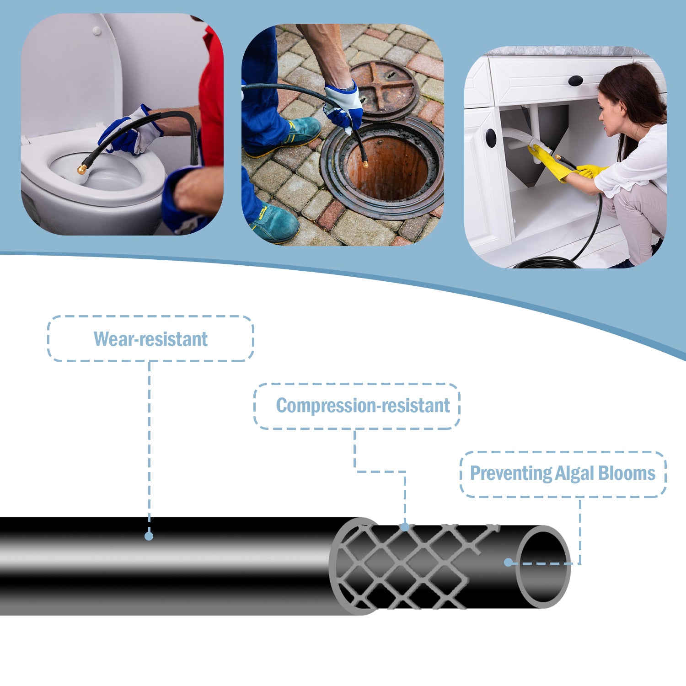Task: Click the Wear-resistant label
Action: coord(150,339)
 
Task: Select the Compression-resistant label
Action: coord(363,406)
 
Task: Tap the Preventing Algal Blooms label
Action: coord(563,473)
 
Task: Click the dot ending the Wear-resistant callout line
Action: coord(149,536)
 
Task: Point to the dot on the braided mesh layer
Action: coord(405,527)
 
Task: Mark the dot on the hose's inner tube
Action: coord(508,562)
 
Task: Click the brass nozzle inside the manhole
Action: coord(365,162)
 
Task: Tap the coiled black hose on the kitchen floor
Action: coord(547,263)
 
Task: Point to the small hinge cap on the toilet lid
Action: coord(96,31)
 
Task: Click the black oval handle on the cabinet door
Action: coord(491,138)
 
